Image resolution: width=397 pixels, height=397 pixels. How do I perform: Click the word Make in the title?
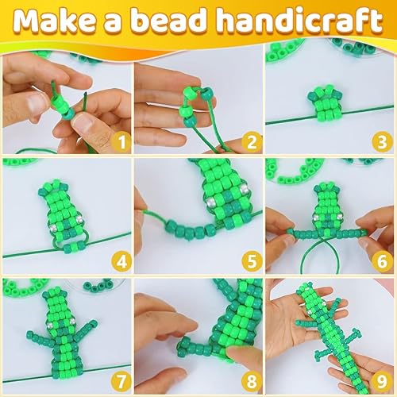[x=57, y=21]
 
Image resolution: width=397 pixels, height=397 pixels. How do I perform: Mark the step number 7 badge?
[x=120, y=380]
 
